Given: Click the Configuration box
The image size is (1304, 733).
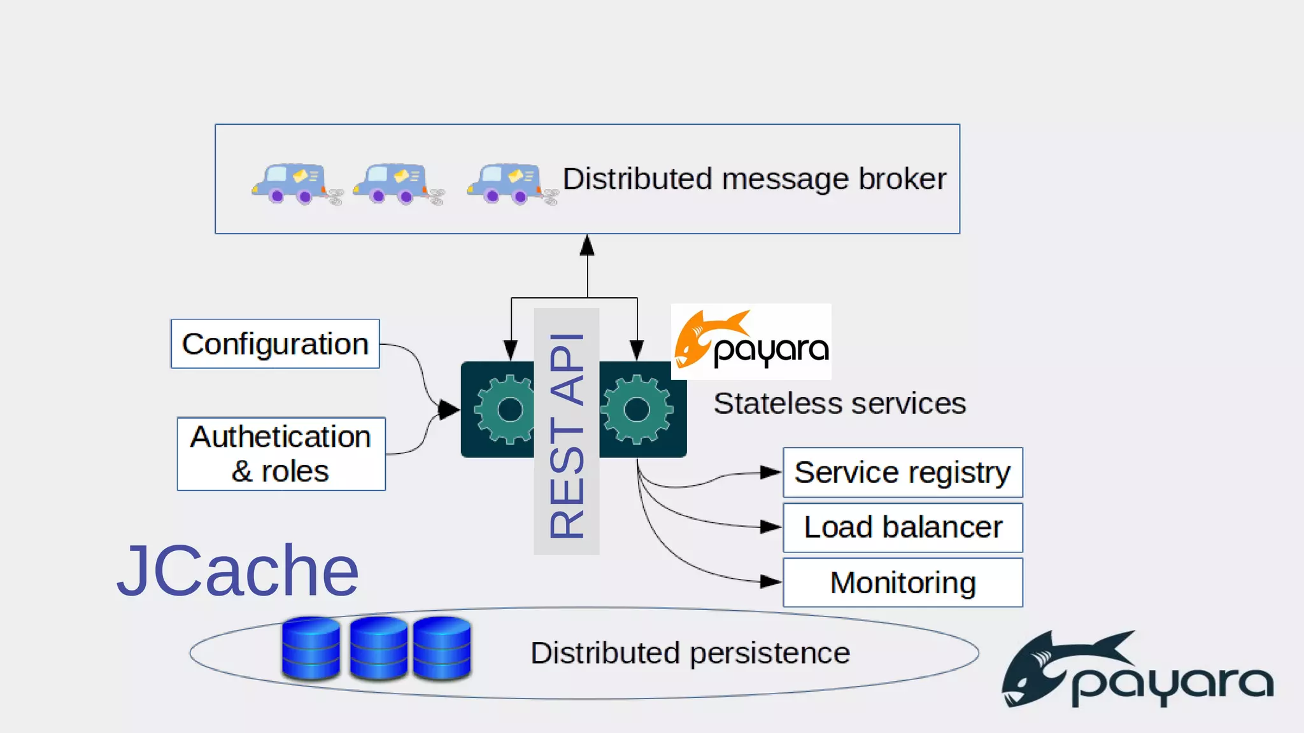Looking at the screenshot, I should pyautogui.click(x=275, y=344).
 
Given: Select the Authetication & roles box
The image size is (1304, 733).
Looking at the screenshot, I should pyautogui.click(x=281, y=454).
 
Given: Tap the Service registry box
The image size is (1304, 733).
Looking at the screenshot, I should pyautogui.click(x=902, y=473).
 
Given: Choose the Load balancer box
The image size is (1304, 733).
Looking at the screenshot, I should pyautogui.click(x=902, y=527).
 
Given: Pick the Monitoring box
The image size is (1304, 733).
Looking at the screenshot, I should pyautogui.click(x=902, y=582).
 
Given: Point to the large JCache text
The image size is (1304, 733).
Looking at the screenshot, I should pyautogui.click(x=237, y=571).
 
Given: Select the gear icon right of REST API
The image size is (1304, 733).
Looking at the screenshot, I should pyautogui.click(x=637, y=409).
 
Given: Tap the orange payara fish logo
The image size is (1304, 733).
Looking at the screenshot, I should pyautogui.click(x=700, y=339).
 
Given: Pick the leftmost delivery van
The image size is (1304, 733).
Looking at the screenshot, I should pyautogui.click(x=291, y=183).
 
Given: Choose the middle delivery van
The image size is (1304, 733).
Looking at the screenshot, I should pyautogui.click(x=392, y=183).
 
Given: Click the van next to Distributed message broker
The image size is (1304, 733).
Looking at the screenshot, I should pyautogui.click(x=506, y=183).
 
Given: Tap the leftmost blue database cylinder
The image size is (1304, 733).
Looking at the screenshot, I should pyautogui.click(x=311, y=648).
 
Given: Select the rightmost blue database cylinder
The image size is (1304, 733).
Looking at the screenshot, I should pyautogui.click(x=442, y=648).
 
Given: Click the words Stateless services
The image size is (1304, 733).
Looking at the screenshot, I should pyautogui.click(x=839, y=403).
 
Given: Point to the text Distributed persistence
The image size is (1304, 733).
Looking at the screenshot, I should pyautogui.click(x=690, y=653).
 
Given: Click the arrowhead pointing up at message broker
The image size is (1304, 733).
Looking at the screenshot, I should pyautogui.click(x=587, y=246).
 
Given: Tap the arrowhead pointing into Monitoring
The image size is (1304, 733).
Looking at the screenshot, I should pyautogui.click(x=770, y=582).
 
